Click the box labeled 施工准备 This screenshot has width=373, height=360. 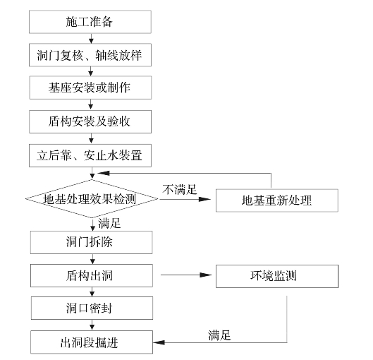90,22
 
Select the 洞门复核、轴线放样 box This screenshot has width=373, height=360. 90,55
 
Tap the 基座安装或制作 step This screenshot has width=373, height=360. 90,88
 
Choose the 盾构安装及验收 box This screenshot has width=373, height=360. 90,121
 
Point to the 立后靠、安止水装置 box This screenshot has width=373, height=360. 90,155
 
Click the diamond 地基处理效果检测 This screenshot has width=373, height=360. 92,198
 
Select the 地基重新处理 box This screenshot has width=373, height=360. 277,200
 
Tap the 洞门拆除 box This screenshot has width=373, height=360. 92,242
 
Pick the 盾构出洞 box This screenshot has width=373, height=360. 92,275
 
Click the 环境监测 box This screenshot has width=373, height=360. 277,276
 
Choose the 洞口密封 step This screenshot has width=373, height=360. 92,308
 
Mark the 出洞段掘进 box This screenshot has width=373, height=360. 92,342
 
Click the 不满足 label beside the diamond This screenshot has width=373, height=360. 180,190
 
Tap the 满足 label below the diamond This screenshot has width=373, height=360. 109,223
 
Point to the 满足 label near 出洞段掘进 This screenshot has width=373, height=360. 219,335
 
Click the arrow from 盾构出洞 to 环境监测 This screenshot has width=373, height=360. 186,275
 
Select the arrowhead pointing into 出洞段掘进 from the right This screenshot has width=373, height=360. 159,342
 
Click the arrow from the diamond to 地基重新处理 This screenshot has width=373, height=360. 185,199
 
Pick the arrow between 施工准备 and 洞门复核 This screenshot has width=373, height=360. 91,38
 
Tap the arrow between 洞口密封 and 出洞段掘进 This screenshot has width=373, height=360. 92,325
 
